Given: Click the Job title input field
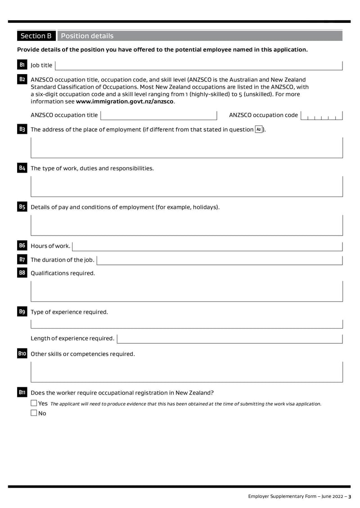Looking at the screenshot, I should (198, 65).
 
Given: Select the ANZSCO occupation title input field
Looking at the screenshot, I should (159, 115).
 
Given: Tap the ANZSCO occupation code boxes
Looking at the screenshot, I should (322, 116).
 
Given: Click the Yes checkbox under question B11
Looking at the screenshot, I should (34, 403).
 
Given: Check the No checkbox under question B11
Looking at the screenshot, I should (34, 413).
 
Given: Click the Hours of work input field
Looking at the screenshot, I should (207, 246).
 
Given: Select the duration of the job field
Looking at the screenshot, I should (220, 260).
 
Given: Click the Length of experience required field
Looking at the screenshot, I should (229, 338).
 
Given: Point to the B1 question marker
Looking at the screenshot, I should (22, 65).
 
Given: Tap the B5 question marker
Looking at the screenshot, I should (22, 207).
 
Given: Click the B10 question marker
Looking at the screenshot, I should (22, 354).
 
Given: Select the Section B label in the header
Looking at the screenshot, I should (36, 36).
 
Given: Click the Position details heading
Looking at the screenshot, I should (87, 36).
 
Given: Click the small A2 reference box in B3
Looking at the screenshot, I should (259, 129).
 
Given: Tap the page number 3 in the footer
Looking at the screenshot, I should (350, 496).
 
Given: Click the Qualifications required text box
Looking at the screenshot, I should (187, 291).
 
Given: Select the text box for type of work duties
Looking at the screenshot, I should (187, 186).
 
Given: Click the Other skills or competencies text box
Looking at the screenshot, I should (187, 372).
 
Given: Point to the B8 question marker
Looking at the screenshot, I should (22, 273).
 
